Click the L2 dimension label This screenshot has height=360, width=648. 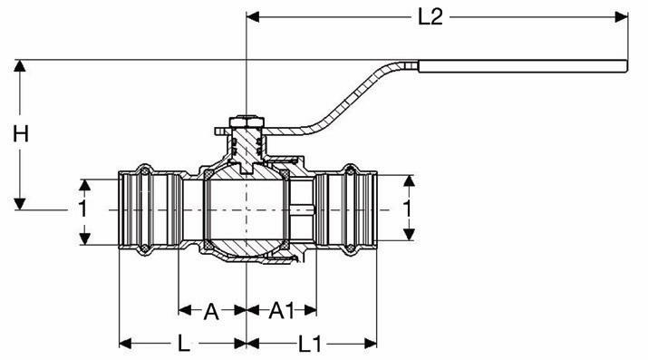pyautogui.click(x=430, y=17)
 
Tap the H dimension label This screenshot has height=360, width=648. pyautogui.click(x=21, y=134)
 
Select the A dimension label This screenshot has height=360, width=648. pyautogui.click(x=211, y=311)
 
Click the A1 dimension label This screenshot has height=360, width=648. pyautogui.click(x=282, y=310)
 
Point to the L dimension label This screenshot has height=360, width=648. pyautogui.click(x=184, y=344)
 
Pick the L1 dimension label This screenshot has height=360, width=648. pyautogui.click(x=310, y=344)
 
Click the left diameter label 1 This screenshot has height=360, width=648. pyautogui.click(x=83, y=209)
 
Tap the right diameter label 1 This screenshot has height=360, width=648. pyautogui.click(x=408, y=209)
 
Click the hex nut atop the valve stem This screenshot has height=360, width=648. pyautogui.click(x=247, y=122)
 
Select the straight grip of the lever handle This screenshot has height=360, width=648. pyautogui.click(x=523, y=66)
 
